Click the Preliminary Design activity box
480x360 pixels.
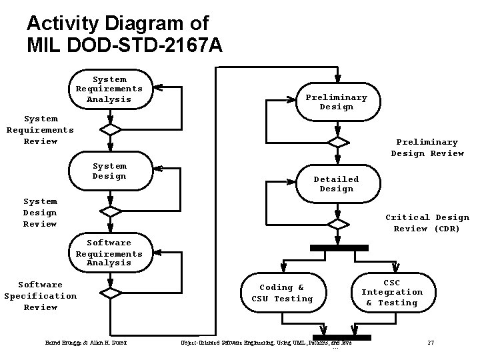(x=336, y=102)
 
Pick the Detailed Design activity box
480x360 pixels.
(x=336, y=184)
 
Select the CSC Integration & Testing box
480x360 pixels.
(x=392, y=292)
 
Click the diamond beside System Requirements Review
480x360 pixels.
(x=109, y=130)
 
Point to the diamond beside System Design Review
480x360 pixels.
(x=109, y=212)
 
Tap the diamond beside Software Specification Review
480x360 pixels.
(x=109, y=293)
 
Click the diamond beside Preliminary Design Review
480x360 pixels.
(x=339, y=142)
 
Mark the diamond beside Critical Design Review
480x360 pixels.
(x=339, y=223)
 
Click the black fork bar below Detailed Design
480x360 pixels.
(x=339, y=248)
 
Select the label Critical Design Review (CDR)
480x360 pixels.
(x=427, y=223)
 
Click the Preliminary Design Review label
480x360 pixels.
(x=427, y=147)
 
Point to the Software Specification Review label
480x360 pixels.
(x=41, y=296)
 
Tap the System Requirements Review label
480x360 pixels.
(x=40, y=130)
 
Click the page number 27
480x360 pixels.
(x=430, y=343)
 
